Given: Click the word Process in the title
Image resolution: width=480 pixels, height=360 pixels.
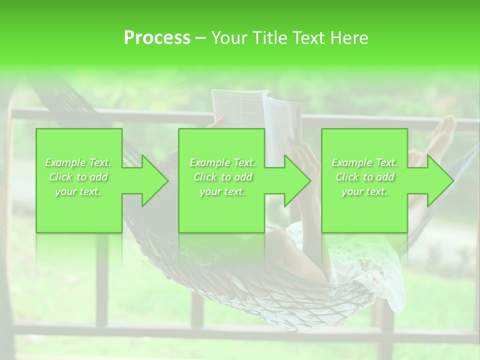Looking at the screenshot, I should pos(157,38).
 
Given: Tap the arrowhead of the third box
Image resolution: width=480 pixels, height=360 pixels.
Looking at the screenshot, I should pos(439,180).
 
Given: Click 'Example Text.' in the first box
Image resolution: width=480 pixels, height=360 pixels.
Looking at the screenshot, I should pos(78,162).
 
